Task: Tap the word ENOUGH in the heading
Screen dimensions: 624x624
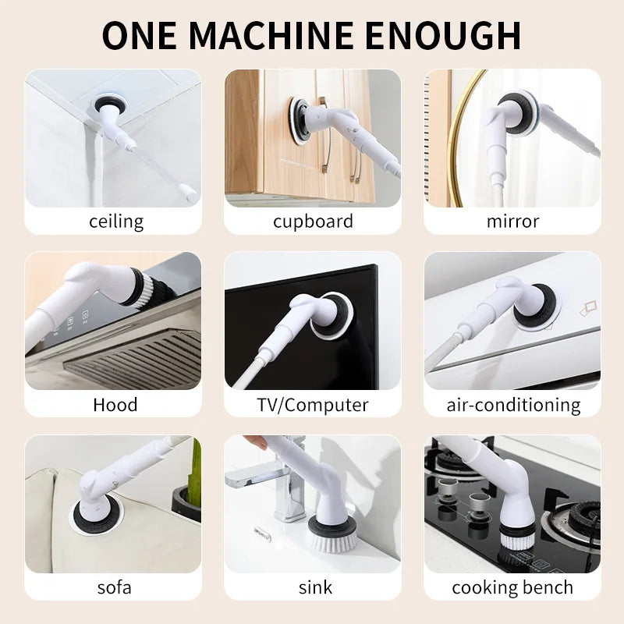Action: tap(443, 35)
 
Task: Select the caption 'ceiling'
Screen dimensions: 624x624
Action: tap(116, 222)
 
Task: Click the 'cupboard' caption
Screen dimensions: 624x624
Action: tap(313, 222)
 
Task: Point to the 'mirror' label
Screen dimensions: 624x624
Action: tap(512, 222)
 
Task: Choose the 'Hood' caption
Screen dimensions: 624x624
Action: tap(115, 405)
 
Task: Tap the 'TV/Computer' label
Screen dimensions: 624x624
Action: tap(313, 406)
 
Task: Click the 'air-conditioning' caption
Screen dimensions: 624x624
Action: tap(513, 406)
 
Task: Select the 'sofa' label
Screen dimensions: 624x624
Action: tap(115, 587)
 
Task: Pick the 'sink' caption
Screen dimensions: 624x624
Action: tap(314, 587)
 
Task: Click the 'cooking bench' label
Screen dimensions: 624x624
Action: tap(512, 587)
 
